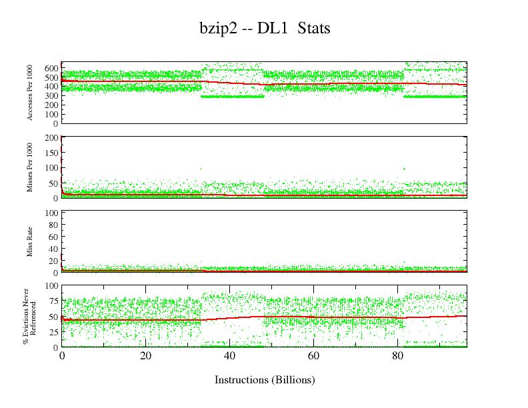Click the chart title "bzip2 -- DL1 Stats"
coord(265,29)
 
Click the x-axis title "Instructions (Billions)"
coord(264,380)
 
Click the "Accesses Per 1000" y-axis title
coord(30,93)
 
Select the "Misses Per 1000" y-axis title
coord(30,167)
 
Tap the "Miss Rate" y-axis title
coord(30,242)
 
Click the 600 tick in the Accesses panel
coord(51,68)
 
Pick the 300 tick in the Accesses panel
coord(51,96)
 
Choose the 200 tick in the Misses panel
coord(51,137)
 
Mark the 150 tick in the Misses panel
coord(51,153)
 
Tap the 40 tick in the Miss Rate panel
coord(53,249)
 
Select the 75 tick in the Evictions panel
coord(53,301)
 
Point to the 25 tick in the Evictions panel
coord(53,332)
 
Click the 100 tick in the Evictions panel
coord(51,285)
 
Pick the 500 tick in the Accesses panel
coord(51,77)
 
